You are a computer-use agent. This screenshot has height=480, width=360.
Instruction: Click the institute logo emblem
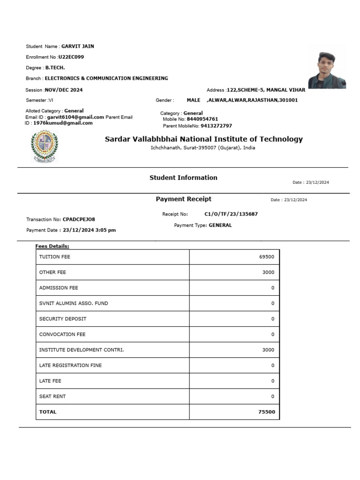(x=44, y=145)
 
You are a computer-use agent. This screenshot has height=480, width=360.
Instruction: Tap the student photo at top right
(x=327, y=70)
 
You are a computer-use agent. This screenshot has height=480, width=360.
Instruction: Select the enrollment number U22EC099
(x=71, y=57)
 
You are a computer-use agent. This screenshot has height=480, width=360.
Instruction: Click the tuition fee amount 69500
(x=266, y=257)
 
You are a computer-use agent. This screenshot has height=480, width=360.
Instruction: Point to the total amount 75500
(x=267, y=412)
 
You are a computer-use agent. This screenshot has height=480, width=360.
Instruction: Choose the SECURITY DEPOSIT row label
(x=63, y=319)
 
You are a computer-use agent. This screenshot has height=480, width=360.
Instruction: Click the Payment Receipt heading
(x=183, y=199)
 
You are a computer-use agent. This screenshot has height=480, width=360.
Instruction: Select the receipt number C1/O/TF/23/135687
(x=231, y=214)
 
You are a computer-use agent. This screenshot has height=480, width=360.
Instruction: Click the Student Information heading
(x=183, y=178)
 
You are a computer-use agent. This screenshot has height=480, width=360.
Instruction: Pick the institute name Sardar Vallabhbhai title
(x=203, y=139)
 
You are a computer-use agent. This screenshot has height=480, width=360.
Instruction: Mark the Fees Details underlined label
(x=52, y=246)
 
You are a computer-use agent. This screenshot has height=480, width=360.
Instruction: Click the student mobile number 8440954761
(x=202, y=119)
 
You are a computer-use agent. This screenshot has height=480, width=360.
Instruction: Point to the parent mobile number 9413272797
(x=216, y=126)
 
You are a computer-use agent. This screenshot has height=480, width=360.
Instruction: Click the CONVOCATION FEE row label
(x=62, y=334)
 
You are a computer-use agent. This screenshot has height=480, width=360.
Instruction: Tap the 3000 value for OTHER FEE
(x=269, y=272)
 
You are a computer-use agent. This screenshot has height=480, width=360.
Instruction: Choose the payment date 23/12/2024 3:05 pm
(x=89, y=230)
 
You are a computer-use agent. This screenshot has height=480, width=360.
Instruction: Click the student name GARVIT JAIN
(x=78, y=46)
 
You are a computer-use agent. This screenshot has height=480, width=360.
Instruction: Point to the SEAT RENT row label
(x=52, y=397)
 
